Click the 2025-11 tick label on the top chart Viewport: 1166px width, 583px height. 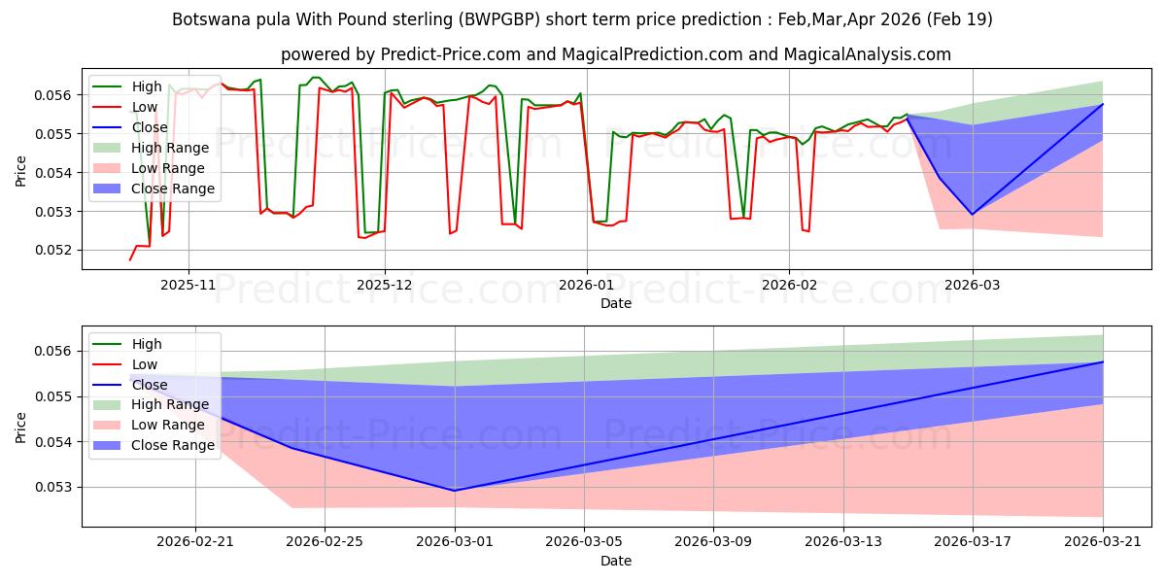pos(188,285)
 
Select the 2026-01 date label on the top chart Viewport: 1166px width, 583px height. pos(587,285)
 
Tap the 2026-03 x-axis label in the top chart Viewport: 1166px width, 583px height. pos(973,285)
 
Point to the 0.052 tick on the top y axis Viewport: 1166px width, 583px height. pos(52,251)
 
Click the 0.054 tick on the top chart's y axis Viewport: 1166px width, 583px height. pos(52,173)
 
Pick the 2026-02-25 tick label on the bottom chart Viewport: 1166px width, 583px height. pos(325,541)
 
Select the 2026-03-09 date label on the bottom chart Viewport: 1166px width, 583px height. pos(713,541)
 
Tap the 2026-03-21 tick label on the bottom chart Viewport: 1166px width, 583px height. pos(1103,541)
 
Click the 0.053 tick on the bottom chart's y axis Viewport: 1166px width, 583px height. pos(52,487)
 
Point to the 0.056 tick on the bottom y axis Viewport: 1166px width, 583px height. pos(52,352)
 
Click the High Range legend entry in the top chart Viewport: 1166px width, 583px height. pos(151,148)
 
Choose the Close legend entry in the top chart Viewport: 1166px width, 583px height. pos(129,127)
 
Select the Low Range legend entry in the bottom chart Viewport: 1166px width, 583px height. pos(149,425)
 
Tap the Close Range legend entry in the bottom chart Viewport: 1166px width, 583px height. pos(154,445)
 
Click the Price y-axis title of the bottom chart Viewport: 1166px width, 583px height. pos(20,428)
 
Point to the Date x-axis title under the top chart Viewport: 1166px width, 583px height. pos(616,303)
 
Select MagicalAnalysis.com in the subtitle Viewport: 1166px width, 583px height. pos(867,54)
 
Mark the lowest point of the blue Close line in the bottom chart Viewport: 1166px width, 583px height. pos(455,491)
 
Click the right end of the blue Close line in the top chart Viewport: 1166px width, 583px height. pos(1103,104)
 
